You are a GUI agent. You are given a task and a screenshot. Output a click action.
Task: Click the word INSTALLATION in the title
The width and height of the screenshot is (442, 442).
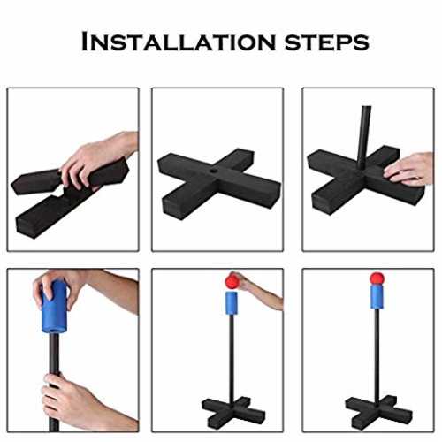(x=179, y=42)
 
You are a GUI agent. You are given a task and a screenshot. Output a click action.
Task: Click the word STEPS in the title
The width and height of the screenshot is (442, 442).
(x=327, y=42)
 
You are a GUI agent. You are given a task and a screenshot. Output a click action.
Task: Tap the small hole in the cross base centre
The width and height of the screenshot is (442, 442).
(x=213, y=171)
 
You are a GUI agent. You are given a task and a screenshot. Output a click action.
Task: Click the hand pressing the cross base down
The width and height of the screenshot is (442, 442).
(x=409, y=170)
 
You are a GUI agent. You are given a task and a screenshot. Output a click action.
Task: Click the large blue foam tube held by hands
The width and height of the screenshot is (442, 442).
(x=54, y=307)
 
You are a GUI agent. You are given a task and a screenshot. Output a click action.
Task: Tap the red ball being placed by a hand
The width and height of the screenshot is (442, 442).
(x=232, y=281)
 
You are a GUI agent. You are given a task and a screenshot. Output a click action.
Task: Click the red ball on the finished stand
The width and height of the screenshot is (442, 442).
(x=377, y=278)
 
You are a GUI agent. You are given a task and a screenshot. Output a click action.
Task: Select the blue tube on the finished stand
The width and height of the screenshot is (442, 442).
(x=377, y=296)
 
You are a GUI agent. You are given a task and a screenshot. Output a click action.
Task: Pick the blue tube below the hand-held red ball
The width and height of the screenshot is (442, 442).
(x=232, y=303)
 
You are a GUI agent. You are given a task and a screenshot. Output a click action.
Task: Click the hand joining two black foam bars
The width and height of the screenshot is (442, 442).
(x=95, y=161)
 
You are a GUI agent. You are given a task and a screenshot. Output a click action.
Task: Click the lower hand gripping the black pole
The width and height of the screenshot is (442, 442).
(x=73, y=400)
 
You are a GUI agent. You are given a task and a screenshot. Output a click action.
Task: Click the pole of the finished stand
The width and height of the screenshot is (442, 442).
(x=377, y=354)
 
